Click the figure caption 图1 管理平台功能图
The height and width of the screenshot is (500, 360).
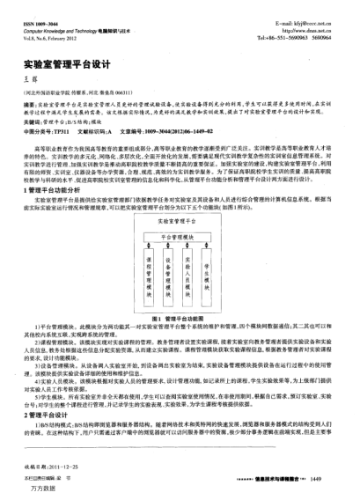coord(180,317)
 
